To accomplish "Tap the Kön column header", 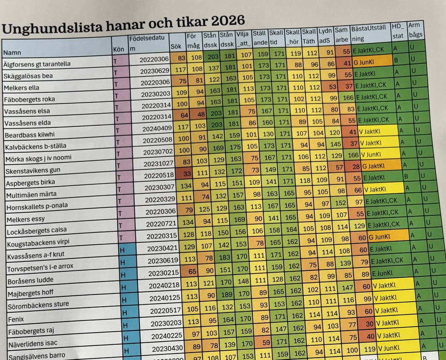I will (118, 49).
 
